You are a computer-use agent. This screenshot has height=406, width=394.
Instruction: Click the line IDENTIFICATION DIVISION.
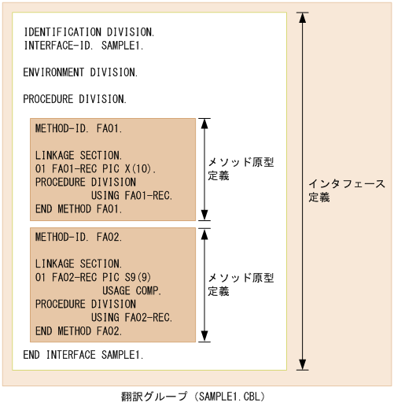(88, 32)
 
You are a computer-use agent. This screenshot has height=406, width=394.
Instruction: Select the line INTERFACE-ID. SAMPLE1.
(83, 46)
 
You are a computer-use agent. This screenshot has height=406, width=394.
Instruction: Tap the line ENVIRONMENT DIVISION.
(80, 72)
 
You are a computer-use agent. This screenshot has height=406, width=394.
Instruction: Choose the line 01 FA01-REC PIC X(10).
(96, 168)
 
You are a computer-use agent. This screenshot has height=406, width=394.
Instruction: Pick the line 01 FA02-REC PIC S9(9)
(93, 277)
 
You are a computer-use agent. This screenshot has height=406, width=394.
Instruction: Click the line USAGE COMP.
(131, 290)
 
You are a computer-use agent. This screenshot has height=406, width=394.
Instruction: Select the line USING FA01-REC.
(131, 195)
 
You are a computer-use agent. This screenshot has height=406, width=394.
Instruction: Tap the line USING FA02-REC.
(131, 317)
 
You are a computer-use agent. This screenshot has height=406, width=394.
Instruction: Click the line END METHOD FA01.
(79, 209)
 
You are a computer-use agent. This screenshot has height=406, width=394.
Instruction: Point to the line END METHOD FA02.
(79, 330)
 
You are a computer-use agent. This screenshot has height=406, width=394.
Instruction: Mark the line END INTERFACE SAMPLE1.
(83, 355)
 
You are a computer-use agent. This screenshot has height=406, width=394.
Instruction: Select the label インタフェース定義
(346, 190)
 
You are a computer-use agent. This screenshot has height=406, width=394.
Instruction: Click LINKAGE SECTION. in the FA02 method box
(79, 264)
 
